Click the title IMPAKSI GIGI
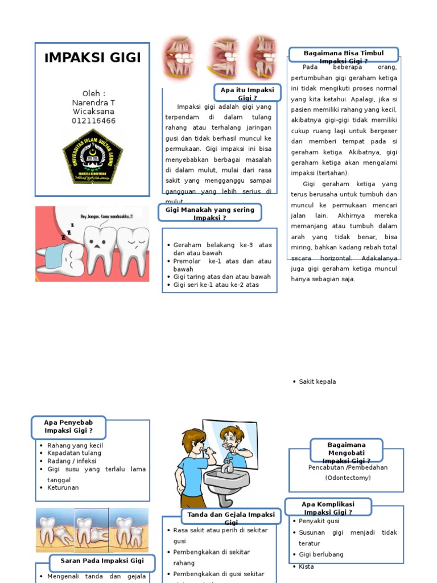92,58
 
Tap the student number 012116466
93,121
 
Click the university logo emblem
93,155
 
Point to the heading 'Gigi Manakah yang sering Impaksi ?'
209,214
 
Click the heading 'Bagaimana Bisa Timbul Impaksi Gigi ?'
344,56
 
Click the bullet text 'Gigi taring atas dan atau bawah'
222,277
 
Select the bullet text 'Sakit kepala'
318,381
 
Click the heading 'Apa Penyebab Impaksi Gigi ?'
68,426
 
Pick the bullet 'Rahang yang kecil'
75,445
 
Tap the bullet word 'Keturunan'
63,488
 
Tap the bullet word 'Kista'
306,566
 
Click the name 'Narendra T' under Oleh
93,102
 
